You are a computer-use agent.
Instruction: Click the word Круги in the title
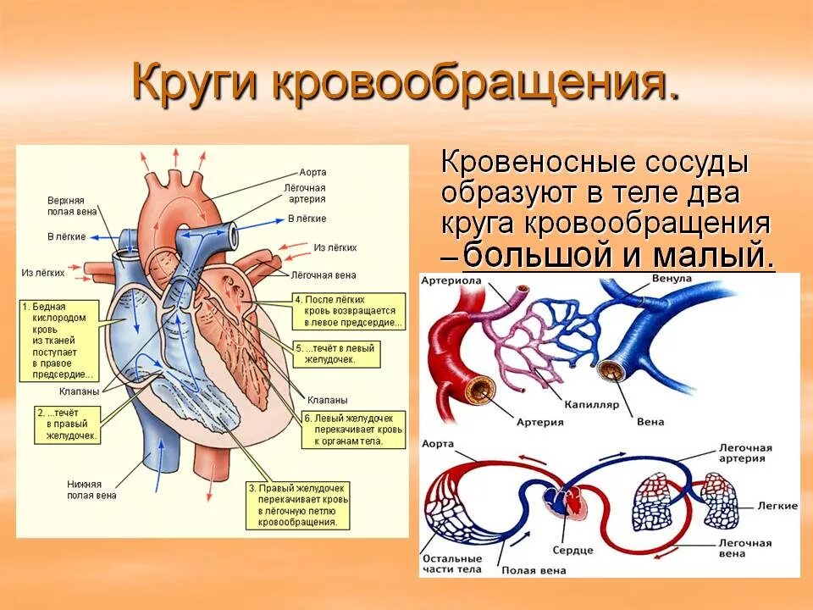click(x=196, y=83)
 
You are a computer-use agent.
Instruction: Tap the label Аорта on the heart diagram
click(x=312, y=172)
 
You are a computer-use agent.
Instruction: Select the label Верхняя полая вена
click(x=72, y=206)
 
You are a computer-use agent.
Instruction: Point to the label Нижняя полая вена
click(x=91, y=490)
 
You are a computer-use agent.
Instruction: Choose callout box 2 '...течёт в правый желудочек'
click(x=69, y=424)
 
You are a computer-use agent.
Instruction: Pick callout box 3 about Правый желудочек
click(x=296, y=506)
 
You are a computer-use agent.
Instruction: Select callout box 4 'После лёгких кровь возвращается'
click(x=348, y=311)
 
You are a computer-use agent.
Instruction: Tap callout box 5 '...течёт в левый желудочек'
click(x=336, y=353)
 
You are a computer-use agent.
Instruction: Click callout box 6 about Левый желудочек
click(x=354, y=430)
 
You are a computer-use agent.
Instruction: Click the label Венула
click(x=672, y=280)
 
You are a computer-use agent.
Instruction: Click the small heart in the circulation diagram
click(x=561, y=505)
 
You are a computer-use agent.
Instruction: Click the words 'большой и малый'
click(x=618, y=254)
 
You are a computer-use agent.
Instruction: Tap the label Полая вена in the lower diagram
click(x=533, y=570)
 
